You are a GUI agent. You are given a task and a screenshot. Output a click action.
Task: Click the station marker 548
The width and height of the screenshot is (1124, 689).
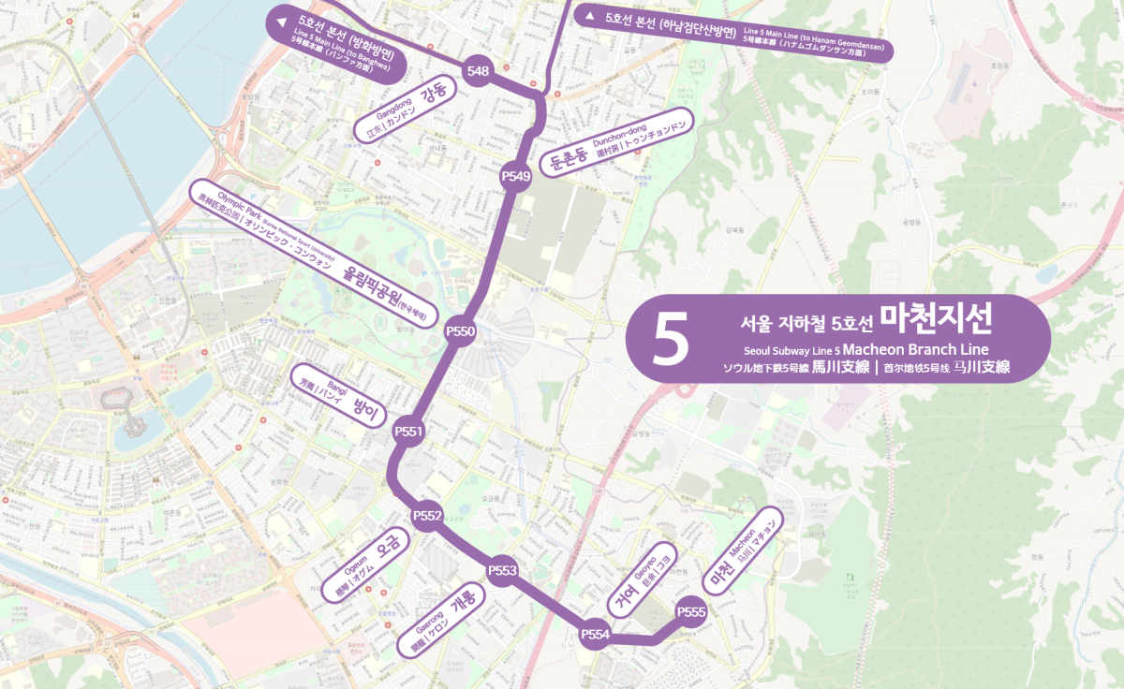[478, 71]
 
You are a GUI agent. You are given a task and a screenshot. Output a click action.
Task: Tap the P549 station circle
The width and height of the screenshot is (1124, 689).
[516, 175]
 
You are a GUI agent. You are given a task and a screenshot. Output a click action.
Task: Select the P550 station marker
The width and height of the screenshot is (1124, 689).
[461, 330]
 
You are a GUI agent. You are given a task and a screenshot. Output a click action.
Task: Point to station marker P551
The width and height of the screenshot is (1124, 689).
[410, 432]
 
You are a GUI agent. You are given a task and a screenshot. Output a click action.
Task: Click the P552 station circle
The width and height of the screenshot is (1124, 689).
[427, 516]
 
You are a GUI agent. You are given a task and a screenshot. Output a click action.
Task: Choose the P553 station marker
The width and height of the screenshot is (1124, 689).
[503, 570]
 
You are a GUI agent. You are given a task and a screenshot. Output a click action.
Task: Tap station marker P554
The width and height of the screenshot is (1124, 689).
[596, 635]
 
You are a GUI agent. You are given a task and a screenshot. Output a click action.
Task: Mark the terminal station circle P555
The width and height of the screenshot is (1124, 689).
[690, 612]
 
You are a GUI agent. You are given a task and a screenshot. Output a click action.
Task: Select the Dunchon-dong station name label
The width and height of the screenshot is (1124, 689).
[618, 144]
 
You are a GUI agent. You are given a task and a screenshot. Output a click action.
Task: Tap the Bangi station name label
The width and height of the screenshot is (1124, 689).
[341, 397]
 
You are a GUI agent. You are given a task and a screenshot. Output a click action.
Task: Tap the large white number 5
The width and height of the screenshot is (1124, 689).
[672, 339]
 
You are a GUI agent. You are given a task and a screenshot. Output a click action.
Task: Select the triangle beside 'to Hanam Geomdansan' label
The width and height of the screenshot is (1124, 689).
[589, 16]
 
